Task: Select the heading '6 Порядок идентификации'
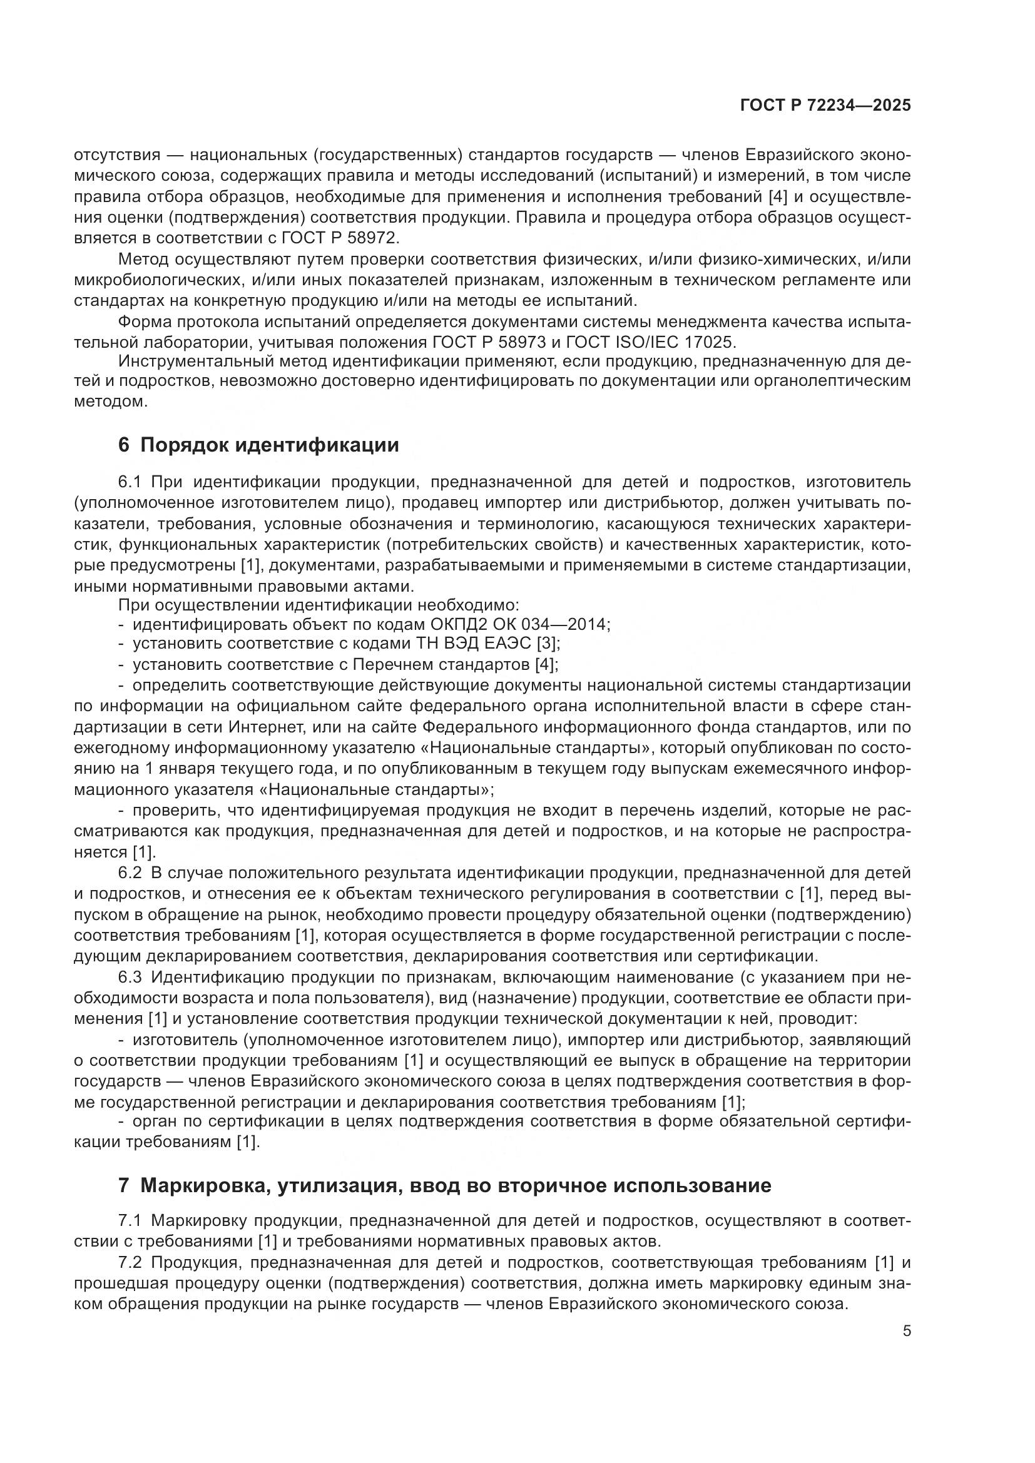(x=259, y=445)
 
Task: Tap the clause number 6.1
(x=133, y=481)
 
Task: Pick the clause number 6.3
(x=133, y=978)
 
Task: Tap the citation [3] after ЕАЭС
(x=548, y=644)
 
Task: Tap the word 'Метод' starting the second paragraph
(x=144, y=260)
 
